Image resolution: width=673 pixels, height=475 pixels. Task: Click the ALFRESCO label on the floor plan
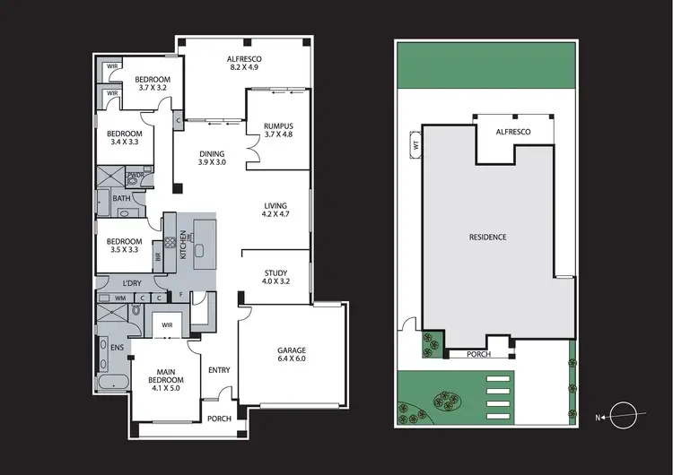pos(243,62)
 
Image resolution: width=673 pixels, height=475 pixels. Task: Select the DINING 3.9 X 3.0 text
pos(212,159)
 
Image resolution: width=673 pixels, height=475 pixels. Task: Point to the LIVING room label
pos(276,210)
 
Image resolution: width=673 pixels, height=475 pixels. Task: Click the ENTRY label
pos(219,370)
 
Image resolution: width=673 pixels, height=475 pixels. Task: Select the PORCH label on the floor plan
pos(219,419)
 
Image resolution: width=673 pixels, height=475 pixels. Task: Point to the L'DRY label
pos(132,283)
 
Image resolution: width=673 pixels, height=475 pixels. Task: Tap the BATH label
pos(120,199)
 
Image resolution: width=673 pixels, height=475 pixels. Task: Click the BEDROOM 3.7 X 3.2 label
pos(153,82)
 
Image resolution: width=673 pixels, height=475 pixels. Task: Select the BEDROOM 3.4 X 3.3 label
pos(123,137)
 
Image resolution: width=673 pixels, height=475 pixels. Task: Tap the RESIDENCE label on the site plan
pos(488,237)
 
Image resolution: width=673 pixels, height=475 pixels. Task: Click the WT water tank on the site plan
pos(415,143)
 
